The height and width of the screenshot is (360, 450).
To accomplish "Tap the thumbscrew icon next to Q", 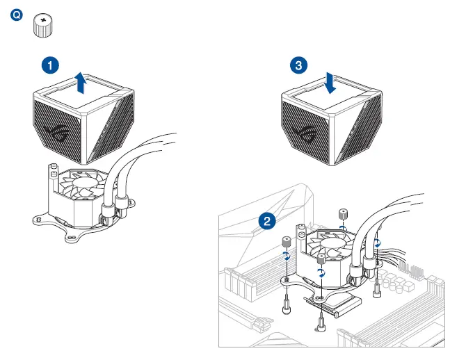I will (x=44, y=25).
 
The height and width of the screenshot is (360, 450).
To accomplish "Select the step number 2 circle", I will (x=266, y=222).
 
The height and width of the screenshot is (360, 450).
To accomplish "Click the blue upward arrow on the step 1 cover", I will (x=81, y=83).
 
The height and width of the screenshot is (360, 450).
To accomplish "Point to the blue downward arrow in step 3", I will (x=330, y=83).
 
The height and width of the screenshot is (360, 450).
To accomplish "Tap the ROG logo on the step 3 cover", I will (x=304, y=131).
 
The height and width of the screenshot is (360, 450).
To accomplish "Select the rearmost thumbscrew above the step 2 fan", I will (x=342, y=214).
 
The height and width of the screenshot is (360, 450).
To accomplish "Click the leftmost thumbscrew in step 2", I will (x=285, y=243).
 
